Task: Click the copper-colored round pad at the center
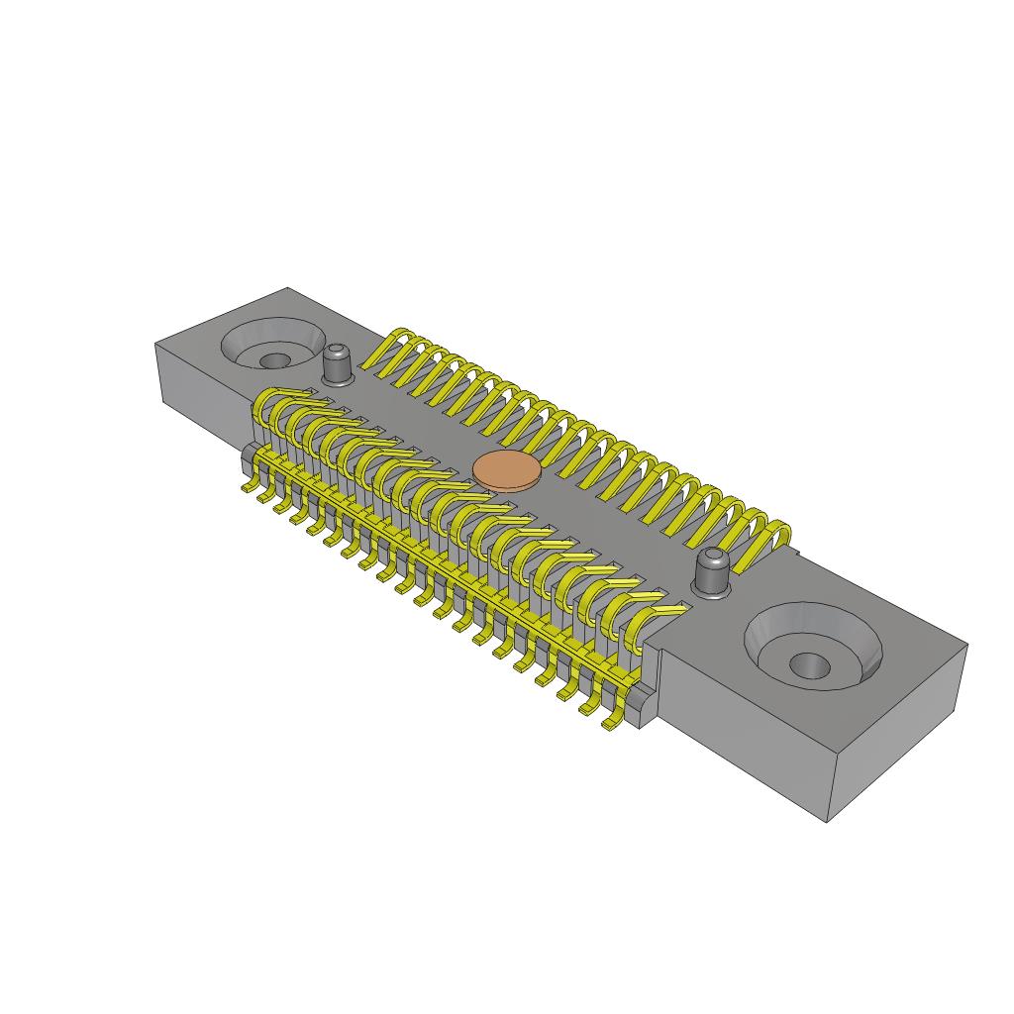(506, 470)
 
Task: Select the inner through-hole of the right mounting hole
(810, 664)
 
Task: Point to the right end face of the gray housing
(896, 733)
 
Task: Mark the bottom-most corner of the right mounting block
(828, 821)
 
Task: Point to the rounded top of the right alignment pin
(712, 558)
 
